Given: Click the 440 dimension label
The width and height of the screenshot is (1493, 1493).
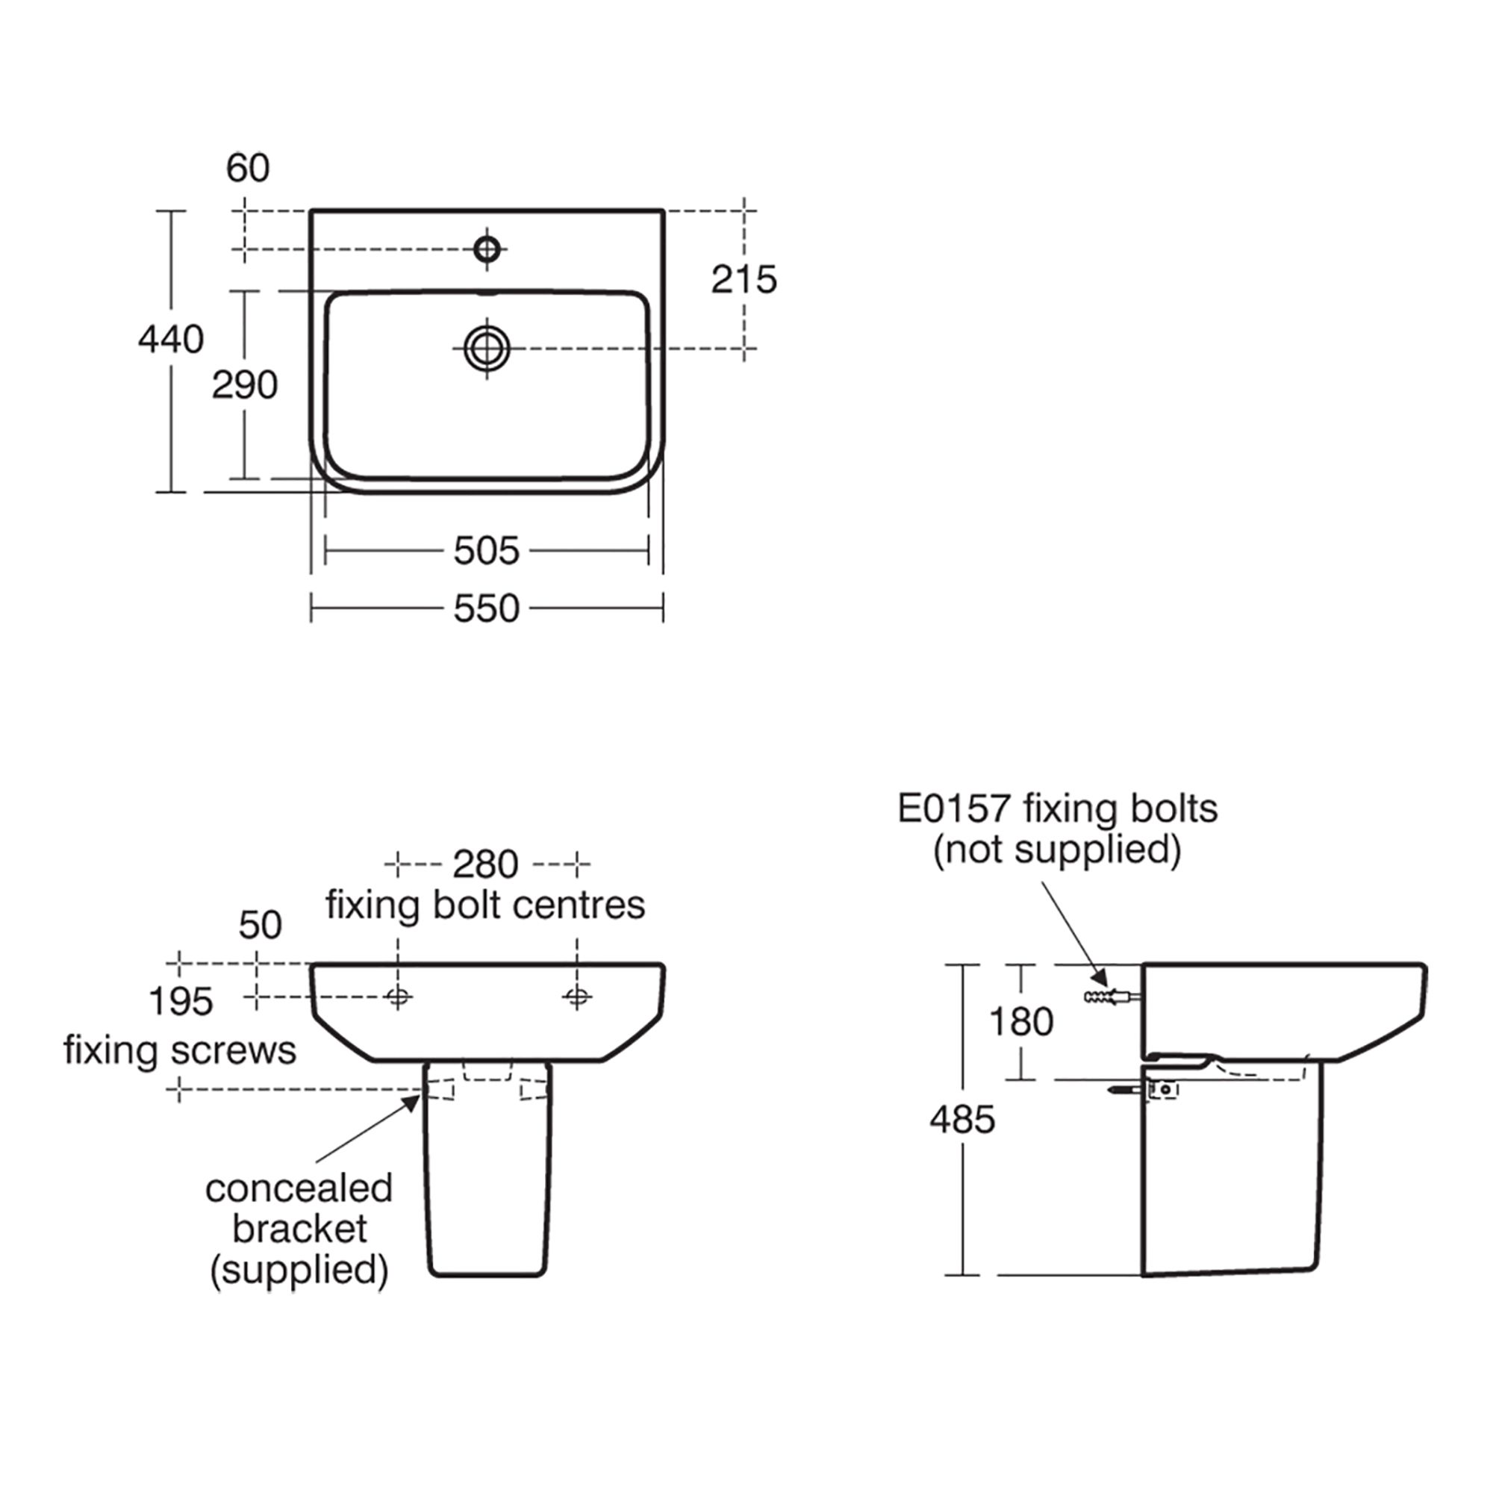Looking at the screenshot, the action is pos(171,339).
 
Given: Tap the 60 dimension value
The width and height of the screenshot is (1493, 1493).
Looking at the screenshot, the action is pos(248,168).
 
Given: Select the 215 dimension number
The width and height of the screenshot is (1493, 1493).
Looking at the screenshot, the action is pos(744,280).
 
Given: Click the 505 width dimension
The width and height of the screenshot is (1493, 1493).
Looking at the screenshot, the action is pos(487,551).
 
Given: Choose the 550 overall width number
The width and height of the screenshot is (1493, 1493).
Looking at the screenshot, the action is pos(487,609).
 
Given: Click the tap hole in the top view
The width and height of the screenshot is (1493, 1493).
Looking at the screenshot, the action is pos(487,249).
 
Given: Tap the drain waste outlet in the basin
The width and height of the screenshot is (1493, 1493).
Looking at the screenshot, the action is pos(487,349).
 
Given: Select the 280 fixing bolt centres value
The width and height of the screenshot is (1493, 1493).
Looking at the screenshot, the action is pos(485,864).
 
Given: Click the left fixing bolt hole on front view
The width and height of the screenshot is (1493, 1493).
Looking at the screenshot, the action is pos(398,997).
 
